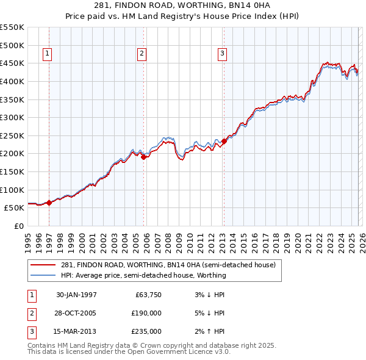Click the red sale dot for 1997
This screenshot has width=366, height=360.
(x=49, y=203)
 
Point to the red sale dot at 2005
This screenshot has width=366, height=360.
(x=144, y=157)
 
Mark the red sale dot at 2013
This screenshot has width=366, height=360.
(x=224, y=141)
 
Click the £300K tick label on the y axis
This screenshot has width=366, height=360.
(x=12, y=117)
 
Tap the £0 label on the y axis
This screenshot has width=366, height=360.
(x=18, y=226)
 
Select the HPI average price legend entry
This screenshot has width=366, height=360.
(x=143, y=275)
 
